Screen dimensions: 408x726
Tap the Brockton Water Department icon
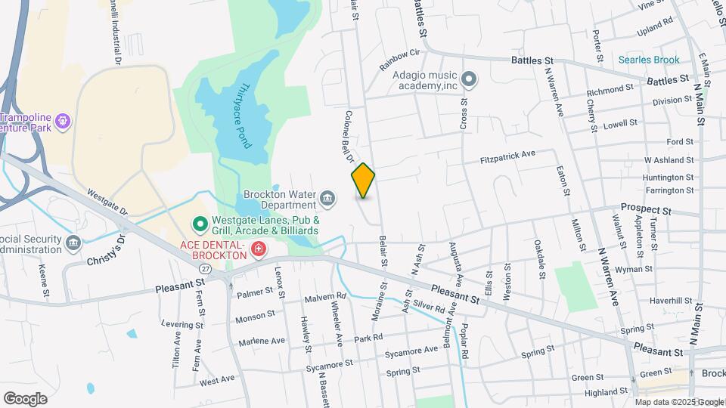tap(327, 199)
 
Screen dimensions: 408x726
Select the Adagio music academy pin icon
tap(469, 79)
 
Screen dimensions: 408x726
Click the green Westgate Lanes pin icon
tap(200, 224)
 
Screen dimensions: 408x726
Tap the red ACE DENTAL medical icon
tap(259, 249)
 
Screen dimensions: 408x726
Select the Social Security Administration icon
tap(73, 242)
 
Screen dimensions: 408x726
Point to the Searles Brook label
tap(649, 60)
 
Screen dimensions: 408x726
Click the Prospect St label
tap(646, 208)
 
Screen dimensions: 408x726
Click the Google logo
tap(25, 398)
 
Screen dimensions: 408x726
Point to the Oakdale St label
tap(540, 258)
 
